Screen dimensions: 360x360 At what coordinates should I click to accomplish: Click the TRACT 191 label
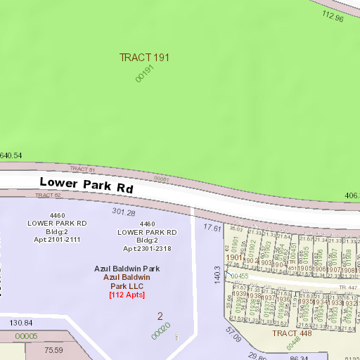(144, 57)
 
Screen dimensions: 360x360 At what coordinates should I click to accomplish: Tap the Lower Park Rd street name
(86, 186)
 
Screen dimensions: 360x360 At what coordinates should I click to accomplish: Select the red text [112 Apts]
(127, 295)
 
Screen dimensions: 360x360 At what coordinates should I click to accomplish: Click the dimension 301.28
(123, 212)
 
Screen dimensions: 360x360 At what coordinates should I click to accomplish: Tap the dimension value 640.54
(11, 155)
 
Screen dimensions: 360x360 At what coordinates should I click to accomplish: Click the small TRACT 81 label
(82, 169)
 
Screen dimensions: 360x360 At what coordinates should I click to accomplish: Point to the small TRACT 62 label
(49, 195)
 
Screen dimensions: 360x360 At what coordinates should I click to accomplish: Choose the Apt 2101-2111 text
(57, 240)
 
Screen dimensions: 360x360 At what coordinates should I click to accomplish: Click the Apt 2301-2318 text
(147, 248)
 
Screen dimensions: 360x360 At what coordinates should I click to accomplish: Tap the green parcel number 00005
(26, 336)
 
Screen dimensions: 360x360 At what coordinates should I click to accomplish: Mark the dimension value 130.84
(21, 323)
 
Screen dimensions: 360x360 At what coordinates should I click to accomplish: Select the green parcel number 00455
(240, 277)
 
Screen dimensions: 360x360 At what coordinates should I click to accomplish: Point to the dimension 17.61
(212, 228)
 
